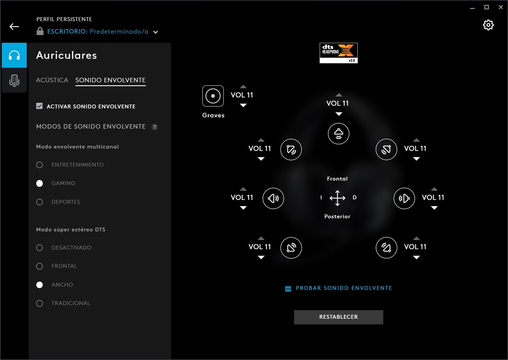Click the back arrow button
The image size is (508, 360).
[x=14, y=26]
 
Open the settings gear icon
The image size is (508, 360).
[x=488, y=25]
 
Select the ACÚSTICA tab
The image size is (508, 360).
[x=52, y=80]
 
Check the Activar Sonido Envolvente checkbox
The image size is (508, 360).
[x=39, y=106]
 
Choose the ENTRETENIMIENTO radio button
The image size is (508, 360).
[x=39, y=165]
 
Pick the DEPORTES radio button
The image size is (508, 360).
[x=39, y=202]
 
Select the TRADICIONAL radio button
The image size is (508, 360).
[x=39, y=303]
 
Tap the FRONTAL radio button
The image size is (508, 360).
[x=39, y=266]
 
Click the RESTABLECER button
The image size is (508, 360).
[x=338, y=317]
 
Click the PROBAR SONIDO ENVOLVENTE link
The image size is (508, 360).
[x=344, y=288]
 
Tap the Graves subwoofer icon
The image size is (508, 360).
[x=213, y=96]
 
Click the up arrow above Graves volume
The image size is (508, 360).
[x=243, y=87]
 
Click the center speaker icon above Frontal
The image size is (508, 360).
[x=338, y=134]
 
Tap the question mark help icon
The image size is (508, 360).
[x=154, y=127]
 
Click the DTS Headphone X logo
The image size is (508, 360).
[x=338, y=53]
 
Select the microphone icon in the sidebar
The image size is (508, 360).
[x=14, y=80]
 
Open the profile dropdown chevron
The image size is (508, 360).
[x=155, y=32]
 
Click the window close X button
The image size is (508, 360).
[x=501, y=7]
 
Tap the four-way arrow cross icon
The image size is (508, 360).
[x=337, y=198]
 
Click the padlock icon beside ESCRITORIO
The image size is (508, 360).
[x=40, y=31]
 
